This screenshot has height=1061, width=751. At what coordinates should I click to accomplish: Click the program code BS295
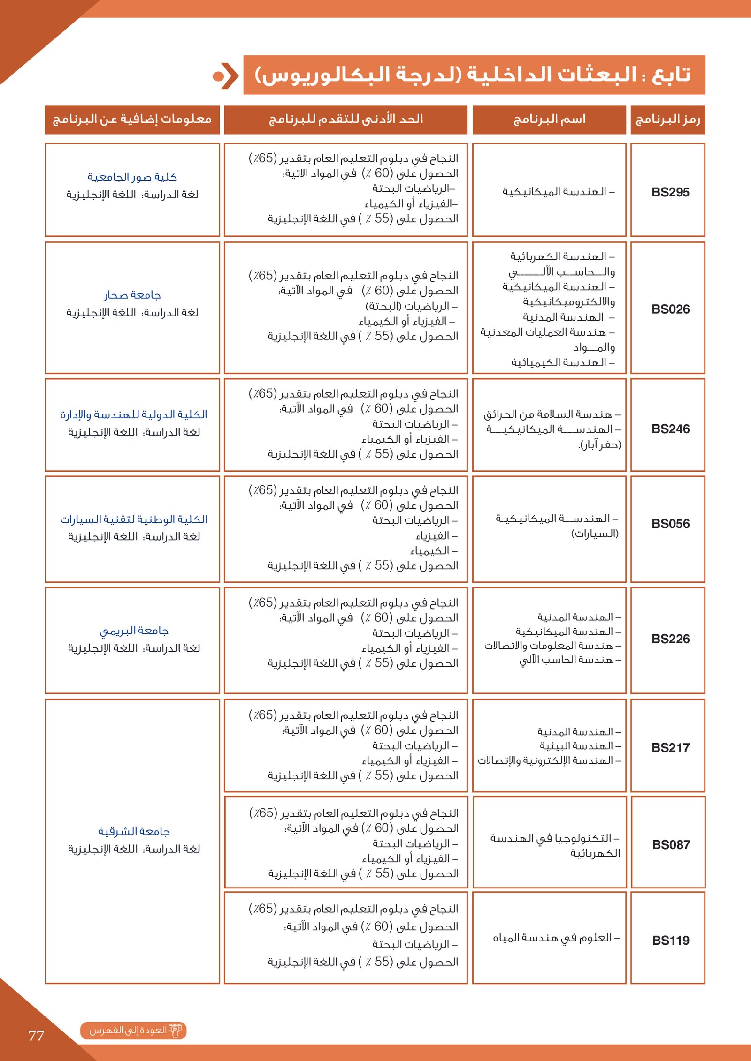670,192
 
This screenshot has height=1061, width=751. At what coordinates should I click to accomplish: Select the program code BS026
670,309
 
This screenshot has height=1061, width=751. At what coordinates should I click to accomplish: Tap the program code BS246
670,429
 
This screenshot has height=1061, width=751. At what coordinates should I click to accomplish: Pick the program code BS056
670,524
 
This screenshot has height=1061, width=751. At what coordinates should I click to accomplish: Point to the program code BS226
670,639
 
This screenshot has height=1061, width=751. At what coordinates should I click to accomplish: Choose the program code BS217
670,748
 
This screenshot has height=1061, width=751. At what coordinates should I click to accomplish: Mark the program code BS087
671,845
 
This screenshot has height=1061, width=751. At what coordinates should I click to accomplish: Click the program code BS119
670,941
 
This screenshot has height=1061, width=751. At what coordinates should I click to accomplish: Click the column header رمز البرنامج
667,120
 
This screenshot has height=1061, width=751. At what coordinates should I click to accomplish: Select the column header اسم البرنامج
549,120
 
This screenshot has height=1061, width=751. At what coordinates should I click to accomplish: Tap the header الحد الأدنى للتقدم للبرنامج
346,120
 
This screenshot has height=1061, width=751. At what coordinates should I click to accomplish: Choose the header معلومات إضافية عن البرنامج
132,120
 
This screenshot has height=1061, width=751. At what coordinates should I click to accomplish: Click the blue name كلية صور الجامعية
132,177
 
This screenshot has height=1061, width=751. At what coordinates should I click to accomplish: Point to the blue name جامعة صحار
132,295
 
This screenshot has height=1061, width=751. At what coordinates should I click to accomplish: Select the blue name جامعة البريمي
134,631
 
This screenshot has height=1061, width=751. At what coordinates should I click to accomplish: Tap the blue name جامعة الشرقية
134,831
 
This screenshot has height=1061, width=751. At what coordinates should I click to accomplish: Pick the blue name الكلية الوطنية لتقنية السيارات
134,519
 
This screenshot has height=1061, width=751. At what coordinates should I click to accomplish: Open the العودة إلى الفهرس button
133,1030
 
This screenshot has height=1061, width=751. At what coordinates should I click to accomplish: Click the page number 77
36,1035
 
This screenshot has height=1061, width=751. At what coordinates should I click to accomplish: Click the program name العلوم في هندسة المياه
556,938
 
